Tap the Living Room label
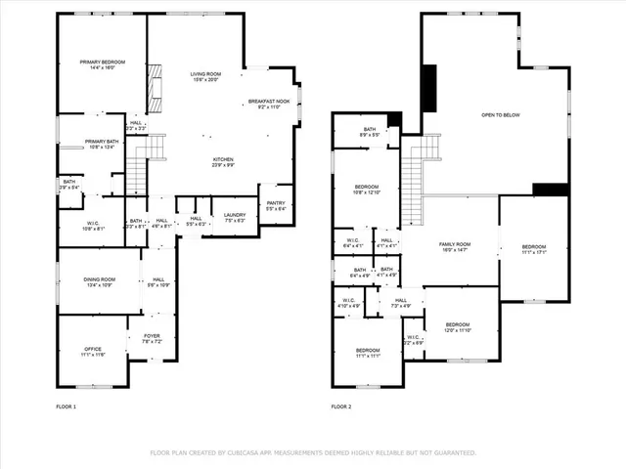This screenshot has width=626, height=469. pyautogui.click(x=205, y=76)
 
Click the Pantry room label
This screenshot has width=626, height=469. pyautogui.click(x=275, y=206)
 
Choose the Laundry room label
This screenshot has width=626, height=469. pyautogui.click(x=234, y=217)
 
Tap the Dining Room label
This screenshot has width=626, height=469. pyautogui.click(x=100, y=282)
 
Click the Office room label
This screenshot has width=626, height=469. pyautogui.click(x=93, y=352)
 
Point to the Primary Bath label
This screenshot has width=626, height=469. pyautogui.click(x=101, y=144)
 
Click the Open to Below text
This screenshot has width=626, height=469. pyautogui.click(x=500, y=115)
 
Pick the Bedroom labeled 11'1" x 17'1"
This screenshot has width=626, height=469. pyautogui.click(x=533, y=248)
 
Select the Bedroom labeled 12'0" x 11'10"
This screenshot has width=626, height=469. pyautogui.click(x=458, y=327)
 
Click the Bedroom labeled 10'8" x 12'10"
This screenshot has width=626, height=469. pyautogui.click(x=367, y=189)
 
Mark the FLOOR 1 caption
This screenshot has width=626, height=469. pyautogui.click(x=67, y=405)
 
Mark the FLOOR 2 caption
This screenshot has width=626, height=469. pyautogui.click(x=340, y=405)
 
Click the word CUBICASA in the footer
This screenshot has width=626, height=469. pyautogui.click(x=245, y=452)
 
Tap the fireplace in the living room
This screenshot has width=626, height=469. pyautogui.click(x=154, y=87)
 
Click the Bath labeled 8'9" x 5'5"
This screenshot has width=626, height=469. pyautogui.click(x=369, y=132)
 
